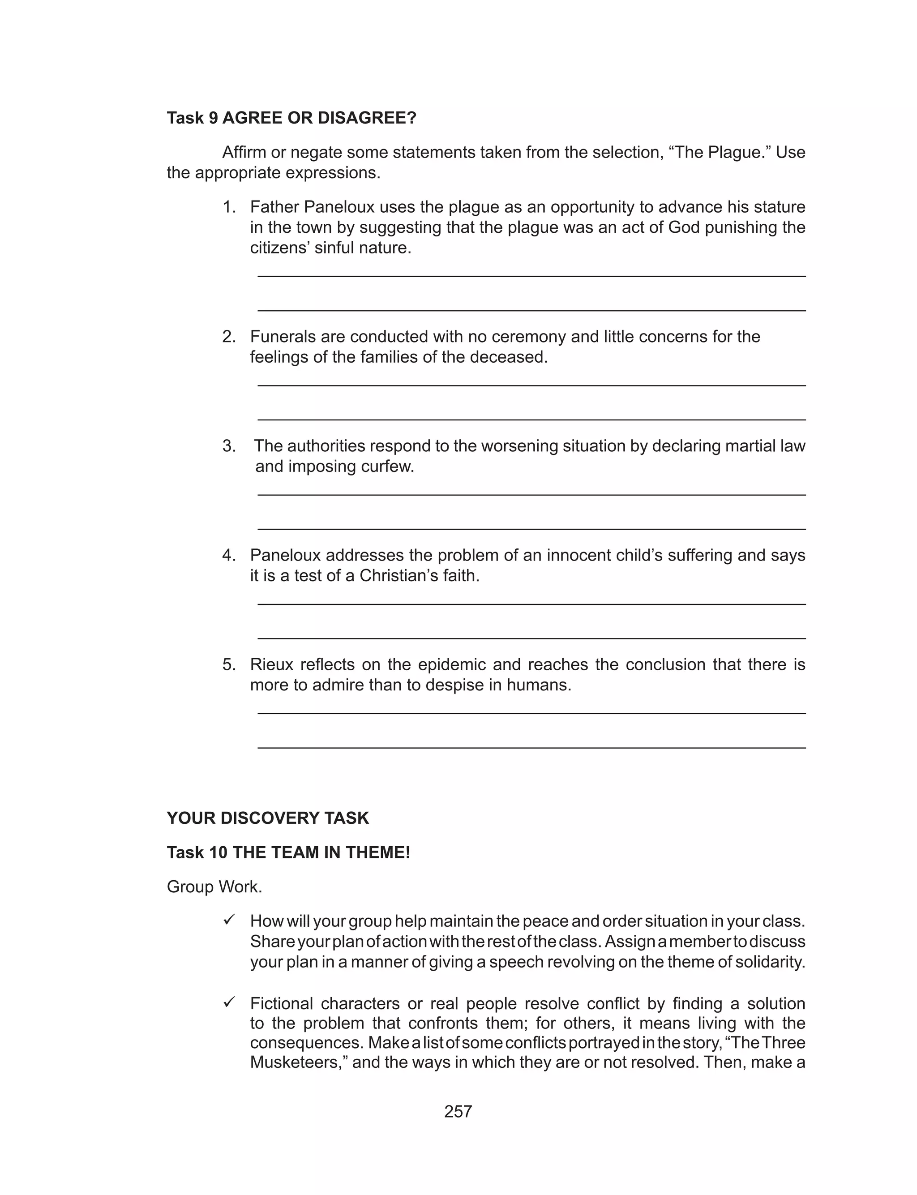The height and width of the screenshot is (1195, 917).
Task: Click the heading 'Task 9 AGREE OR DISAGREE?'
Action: click(291, 118)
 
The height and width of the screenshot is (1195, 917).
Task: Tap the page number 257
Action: click(458, 1112)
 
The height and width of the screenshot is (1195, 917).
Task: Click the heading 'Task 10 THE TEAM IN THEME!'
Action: click(288, 852)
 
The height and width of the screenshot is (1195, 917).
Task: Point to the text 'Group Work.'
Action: click(214, 887)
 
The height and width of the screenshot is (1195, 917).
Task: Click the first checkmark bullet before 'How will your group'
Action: click(229, 920)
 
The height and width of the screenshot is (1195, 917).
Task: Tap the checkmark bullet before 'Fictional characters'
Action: click(229, 1002)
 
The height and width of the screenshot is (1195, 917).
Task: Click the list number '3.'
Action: click(229, 446)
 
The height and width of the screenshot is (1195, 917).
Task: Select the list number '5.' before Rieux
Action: click(229, 664)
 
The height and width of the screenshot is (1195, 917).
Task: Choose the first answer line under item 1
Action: click(531, 276)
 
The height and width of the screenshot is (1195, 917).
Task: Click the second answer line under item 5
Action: click(531, 748)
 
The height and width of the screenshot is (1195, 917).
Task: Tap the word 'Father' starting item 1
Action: click(274, 207)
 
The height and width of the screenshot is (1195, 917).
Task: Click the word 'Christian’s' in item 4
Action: click(399, 576)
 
